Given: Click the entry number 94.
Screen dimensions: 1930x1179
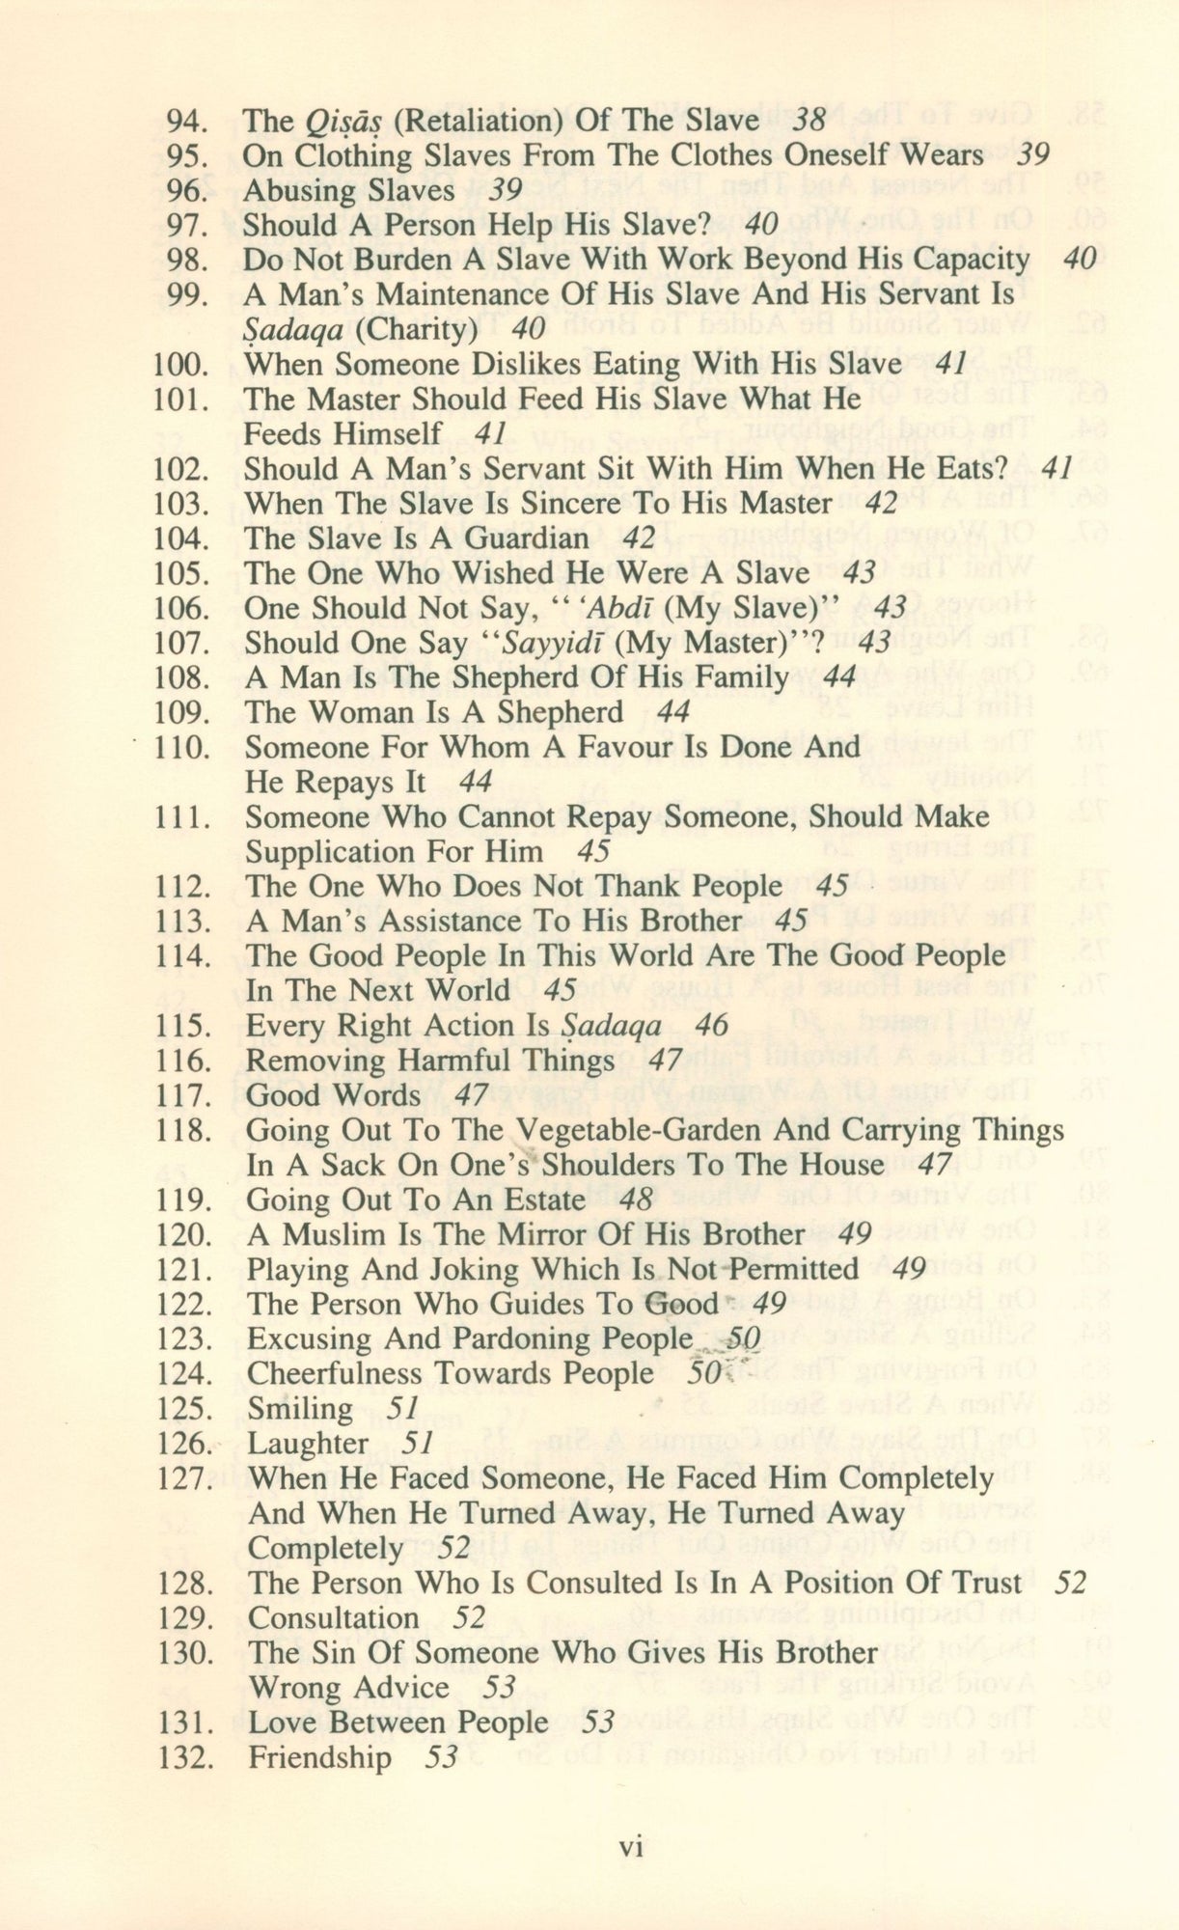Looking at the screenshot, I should (187, 121).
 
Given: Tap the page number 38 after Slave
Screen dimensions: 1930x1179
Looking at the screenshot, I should (809, 121).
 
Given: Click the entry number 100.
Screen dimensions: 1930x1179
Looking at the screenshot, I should (181, 365).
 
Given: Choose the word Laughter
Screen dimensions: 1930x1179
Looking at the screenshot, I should (308, 1445).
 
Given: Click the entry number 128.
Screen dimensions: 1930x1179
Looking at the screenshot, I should (183, 1584).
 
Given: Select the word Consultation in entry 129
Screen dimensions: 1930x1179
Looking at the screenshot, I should (333, 1618).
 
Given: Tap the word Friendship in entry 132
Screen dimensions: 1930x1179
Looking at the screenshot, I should (320, 1757).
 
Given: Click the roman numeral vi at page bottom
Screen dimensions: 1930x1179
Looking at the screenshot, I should (630, 1848).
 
